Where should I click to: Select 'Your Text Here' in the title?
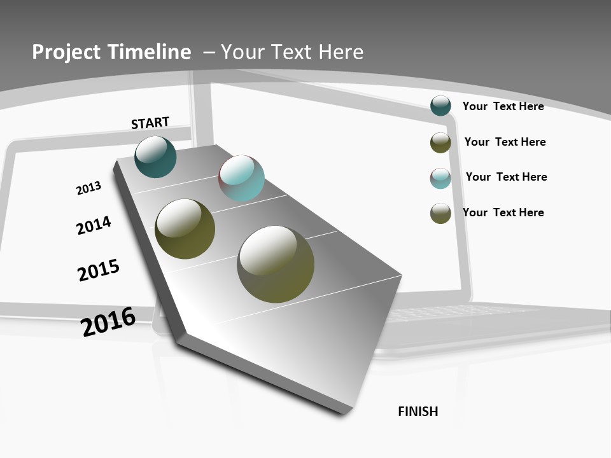(x=292, y=52)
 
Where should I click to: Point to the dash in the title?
(x=209, y=52)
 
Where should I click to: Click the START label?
(x=150, y=123)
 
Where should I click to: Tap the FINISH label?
(x=418, y=412)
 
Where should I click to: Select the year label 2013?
(x=88, y=188)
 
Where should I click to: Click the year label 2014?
(x=94, y=225)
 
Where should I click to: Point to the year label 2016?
(x=108, y=321)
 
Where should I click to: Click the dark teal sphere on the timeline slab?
(x=156, y=156)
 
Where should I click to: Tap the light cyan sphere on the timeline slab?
(x=242, y=178)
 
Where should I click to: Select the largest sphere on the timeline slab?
(x=276, y=264)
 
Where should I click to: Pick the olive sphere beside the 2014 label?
(x=185, y=229)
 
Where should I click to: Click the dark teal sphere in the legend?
(x=440, y=106)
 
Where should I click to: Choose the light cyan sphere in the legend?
(x=440, y=178)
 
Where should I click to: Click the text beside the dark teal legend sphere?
(x=503, y=106)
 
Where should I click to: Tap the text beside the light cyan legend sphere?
(x=506, y=177)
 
